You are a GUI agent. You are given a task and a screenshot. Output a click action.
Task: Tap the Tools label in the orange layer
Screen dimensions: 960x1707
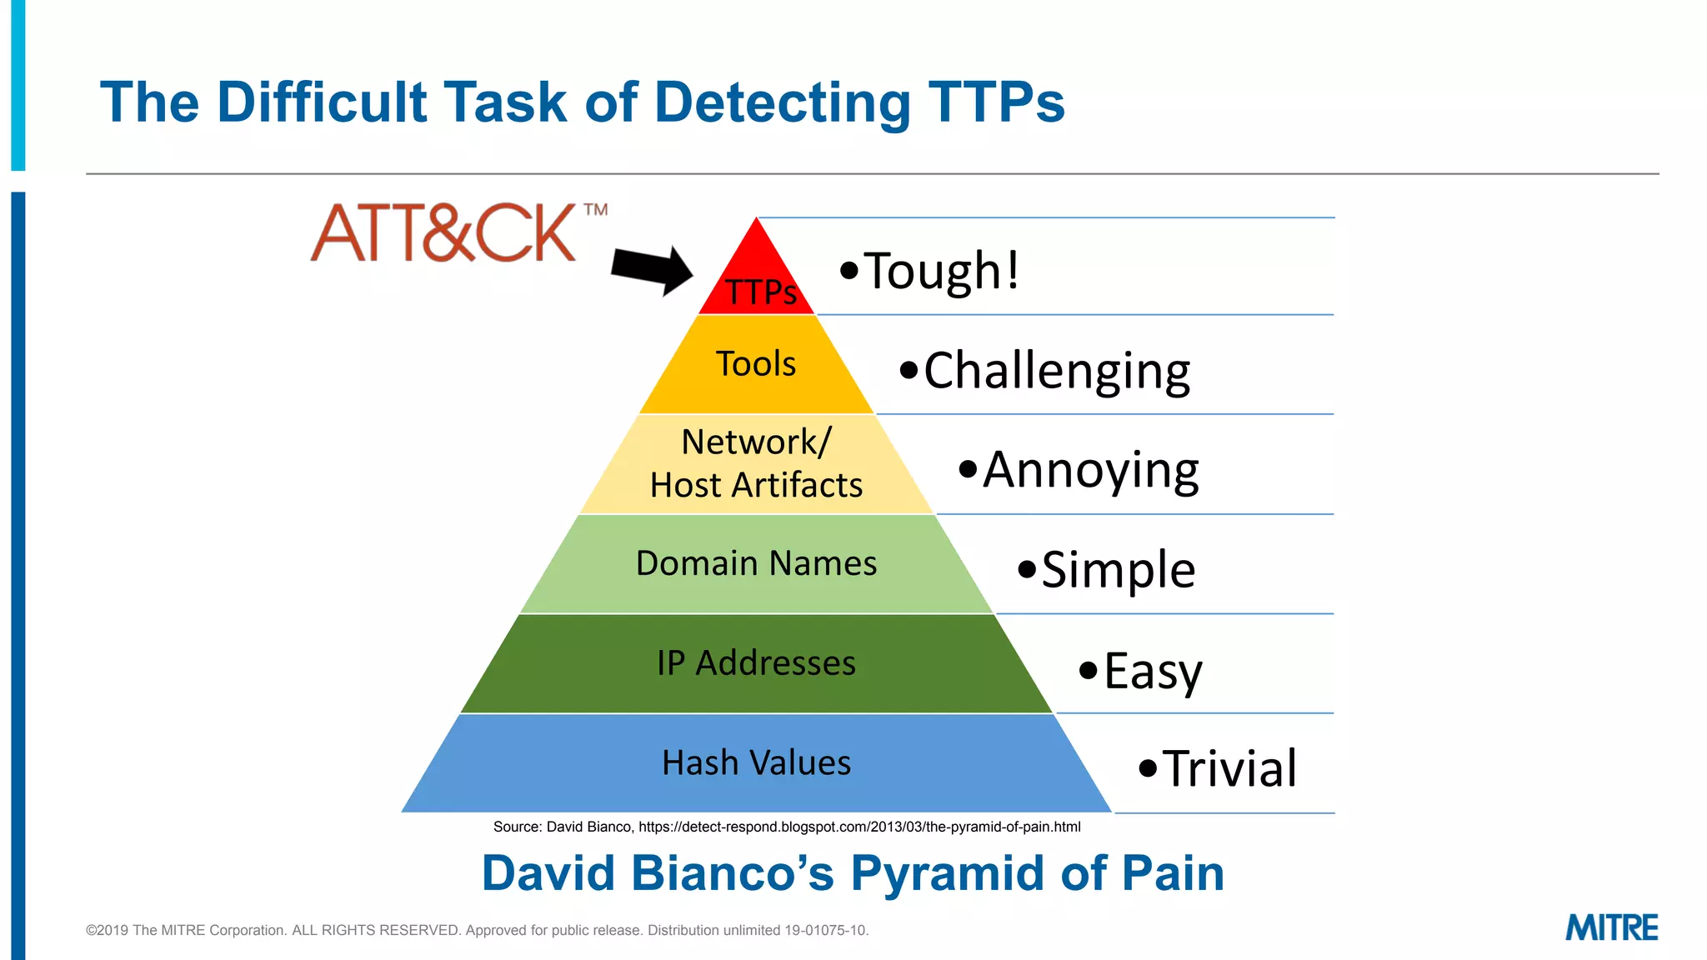pos(756,364)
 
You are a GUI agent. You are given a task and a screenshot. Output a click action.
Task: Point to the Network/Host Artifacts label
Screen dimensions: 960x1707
pos(756,463)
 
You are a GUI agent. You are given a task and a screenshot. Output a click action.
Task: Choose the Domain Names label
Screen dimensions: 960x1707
pos(756,563)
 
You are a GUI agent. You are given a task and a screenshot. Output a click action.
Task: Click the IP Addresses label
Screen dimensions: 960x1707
pos(756,663)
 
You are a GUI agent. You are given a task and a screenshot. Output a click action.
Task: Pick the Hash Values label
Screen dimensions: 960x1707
pos(756,762)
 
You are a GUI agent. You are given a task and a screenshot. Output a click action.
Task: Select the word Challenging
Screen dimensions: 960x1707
pos(1057,371)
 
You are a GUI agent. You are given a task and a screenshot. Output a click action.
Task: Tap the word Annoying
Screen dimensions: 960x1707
pos(1090,470)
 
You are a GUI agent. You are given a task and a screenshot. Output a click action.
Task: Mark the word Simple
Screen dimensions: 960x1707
pos(1119,570)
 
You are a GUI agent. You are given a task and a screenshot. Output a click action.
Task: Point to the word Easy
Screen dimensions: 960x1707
pos(1153,671)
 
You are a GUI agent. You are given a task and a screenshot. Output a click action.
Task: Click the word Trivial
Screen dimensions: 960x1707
pos(1229,768)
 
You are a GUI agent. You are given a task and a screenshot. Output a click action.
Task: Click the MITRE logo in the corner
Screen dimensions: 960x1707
pos(1611,927)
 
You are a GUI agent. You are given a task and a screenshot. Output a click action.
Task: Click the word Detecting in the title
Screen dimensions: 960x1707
pos(783,103)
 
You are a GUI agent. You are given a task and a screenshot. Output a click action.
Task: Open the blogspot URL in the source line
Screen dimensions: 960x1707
pos(859,827)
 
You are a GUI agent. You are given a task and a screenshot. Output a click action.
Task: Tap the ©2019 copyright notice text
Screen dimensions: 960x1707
pos(477,930)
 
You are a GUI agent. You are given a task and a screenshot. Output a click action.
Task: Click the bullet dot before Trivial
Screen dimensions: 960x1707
pos(1148,767)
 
